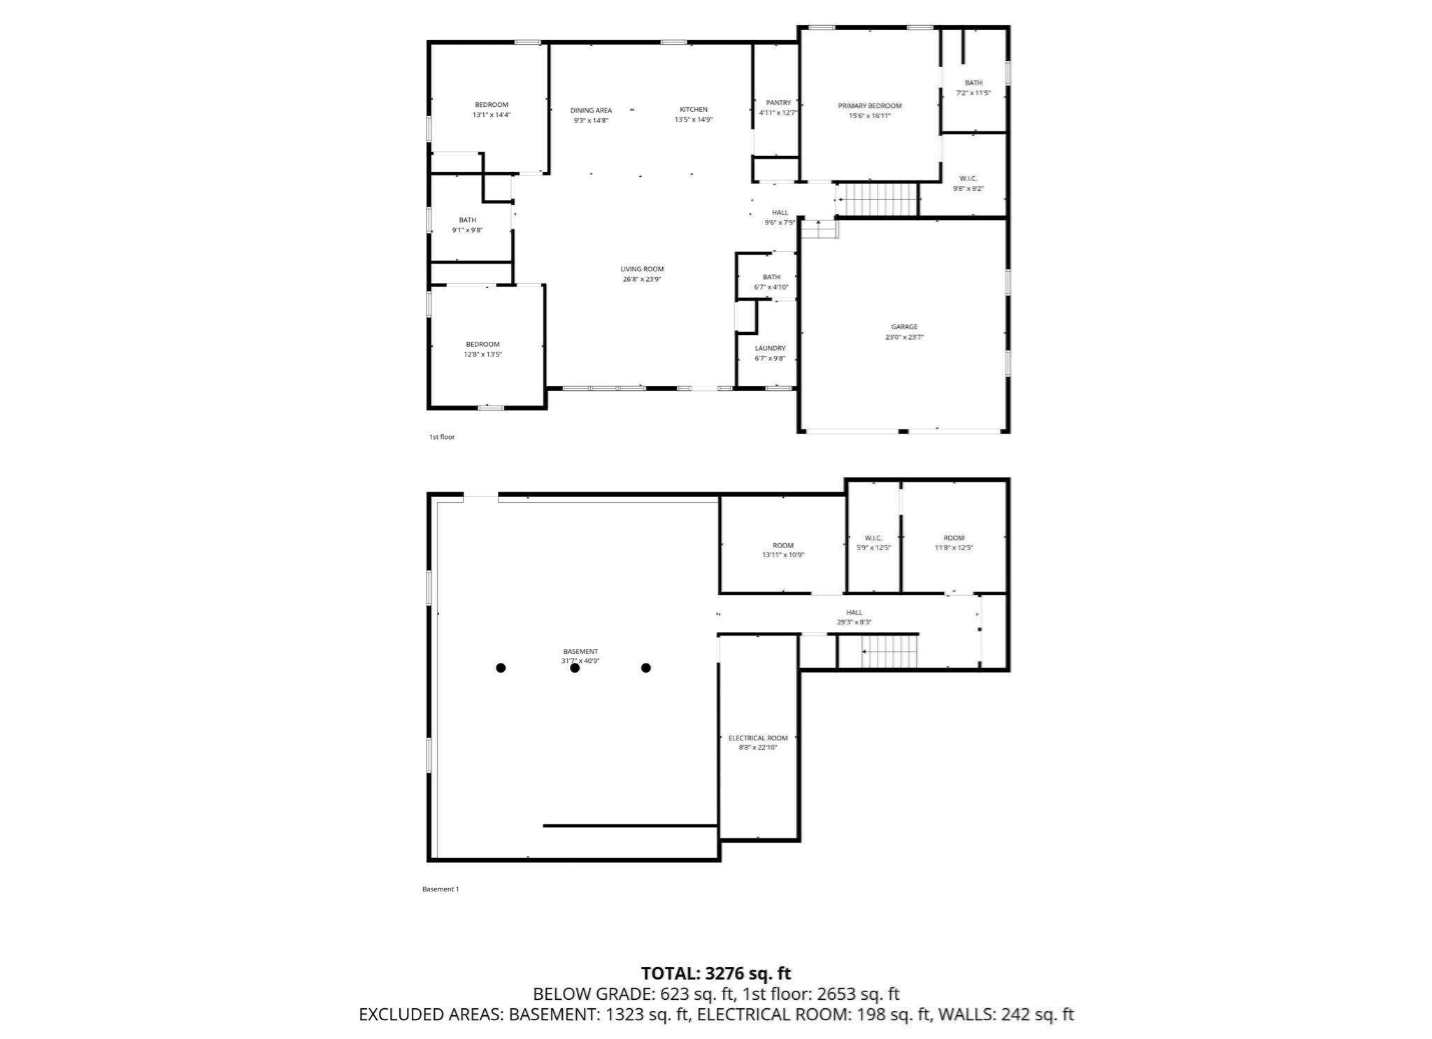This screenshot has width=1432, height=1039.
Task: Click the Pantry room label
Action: click(x=778, y=103)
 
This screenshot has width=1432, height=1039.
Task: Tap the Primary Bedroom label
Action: click(x=869, y=106)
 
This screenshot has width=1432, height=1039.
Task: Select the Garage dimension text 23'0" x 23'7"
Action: click(x=904, y=337)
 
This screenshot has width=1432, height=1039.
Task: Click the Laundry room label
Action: click(x=770, y=348)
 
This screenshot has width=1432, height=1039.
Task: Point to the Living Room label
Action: click(x=642, y=269)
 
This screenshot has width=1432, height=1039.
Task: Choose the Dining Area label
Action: click(x=591, y=110)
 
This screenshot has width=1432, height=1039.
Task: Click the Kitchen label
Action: click(x=693, y=110)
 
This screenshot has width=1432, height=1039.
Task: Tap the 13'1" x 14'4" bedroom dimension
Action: click(x=492, y=115)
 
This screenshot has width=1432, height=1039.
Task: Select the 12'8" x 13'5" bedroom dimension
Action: click(x=482, y=354)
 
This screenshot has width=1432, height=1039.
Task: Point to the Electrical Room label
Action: click(x=757, y=738)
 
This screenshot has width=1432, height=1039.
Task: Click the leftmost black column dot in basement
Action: click(x=501, y=668)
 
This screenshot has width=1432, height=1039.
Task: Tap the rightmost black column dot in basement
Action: click(x=645, y=668)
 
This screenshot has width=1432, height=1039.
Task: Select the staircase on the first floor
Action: click(x=877, y=199)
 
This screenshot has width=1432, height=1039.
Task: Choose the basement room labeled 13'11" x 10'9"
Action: click(x=782, y=550)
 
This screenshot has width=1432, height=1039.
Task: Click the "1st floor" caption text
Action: click(x=441, y=437)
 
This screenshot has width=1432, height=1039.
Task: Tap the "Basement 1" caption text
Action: click(x=440, y=889)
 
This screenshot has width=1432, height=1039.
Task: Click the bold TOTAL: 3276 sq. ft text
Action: click(x=715, y=973)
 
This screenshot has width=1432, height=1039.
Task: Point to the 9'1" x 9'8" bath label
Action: click(x=467, y=225)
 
